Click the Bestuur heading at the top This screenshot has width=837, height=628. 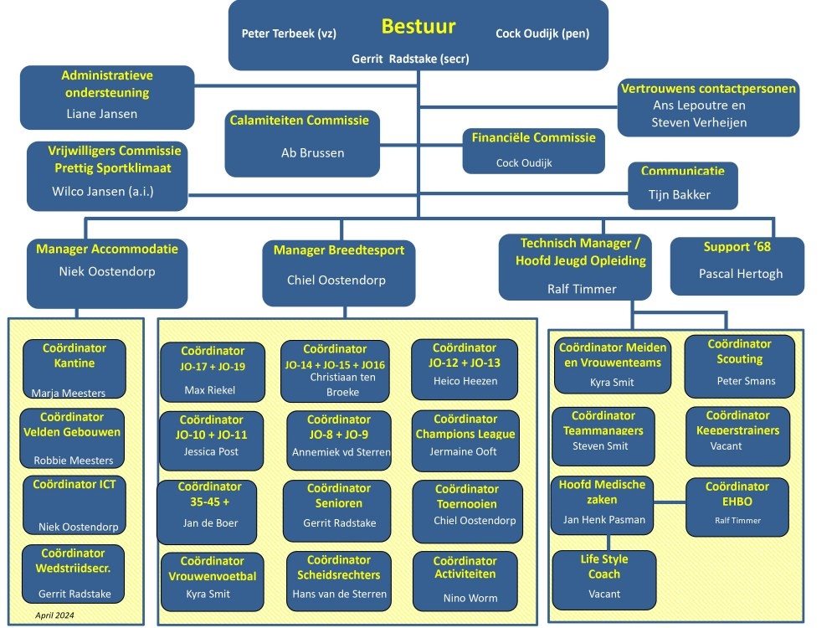[x=418, y=26]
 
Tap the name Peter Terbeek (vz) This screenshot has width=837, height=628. [x=289, y=33]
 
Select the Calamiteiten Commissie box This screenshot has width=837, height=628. [x=302, y=143]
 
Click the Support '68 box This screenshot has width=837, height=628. [x=737, y=265]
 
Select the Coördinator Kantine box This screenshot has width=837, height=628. [x=74, y=369]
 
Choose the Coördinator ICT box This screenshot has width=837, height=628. [x=74, y=505]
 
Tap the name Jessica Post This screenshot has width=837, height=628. [x=211, y=451]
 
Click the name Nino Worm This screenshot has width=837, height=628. [x=470, y=598]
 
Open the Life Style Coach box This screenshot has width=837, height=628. [x=603, y=579]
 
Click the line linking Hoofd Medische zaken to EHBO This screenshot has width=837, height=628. [x=670, y=503]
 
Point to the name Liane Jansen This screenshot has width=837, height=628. [x=101, y=114]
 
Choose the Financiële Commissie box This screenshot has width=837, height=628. [x=533, y=151]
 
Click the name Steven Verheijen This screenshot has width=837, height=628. [x=699, y=122]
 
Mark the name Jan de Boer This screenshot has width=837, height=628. [x=209, y=522]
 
